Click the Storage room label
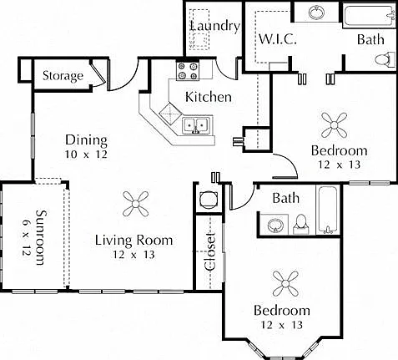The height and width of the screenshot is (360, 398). click(63, 76)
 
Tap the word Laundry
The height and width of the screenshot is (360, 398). click(215, 27)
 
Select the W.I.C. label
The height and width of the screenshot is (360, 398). click(277, 39)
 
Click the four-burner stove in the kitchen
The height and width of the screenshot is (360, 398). click(188, 71)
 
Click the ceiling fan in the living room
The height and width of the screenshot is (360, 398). click(135, 204)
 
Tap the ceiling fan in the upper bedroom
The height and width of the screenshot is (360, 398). click(334, 125)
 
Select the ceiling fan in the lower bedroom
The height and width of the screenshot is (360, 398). click(285, 284)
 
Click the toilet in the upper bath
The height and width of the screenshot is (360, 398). click(385, 59)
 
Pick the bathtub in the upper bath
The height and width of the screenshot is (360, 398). click(369, 14)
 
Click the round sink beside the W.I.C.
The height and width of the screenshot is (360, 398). click(316, 12)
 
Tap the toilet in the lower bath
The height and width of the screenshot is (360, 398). click(301, 225)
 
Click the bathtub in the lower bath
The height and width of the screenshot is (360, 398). click(328, 210)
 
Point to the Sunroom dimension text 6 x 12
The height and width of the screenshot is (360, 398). click(26, 237)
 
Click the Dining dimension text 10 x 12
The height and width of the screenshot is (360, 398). click(86, 155)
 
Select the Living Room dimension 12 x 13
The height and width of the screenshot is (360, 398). click(134, 255)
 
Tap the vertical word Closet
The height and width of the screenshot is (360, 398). click(210, 252)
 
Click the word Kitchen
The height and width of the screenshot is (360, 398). click(209, 97)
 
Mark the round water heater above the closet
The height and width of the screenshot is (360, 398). click(209, 200)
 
